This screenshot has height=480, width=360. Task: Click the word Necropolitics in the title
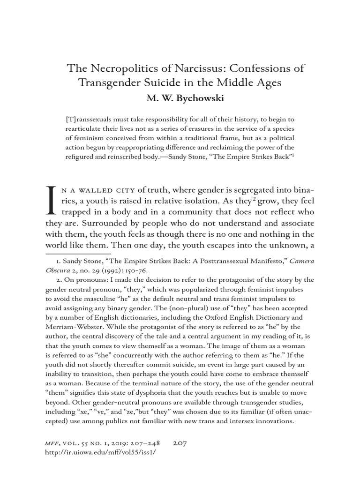121,68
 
